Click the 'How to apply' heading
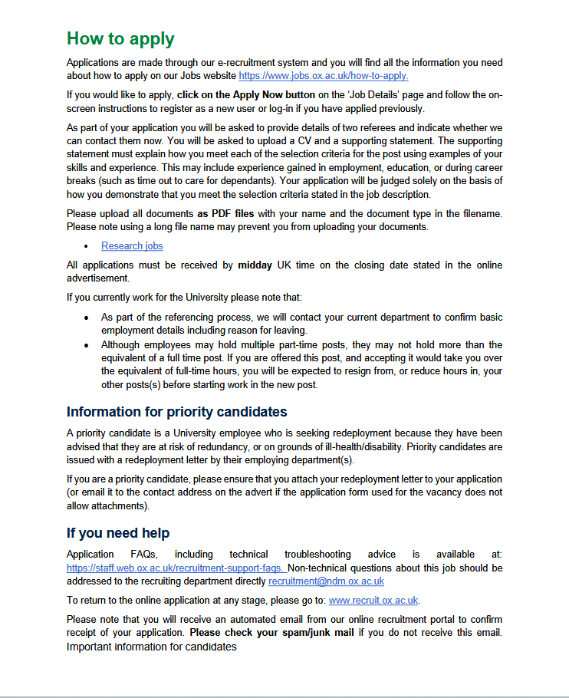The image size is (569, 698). click(120, 38)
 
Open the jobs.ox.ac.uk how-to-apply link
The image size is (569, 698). click(323, 76)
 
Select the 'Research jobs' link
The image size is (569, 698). click(132, 245)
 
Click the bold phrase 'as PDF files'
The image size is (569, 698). click(228, 213)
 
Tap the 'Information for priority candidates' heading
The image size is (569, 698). click(176, 412)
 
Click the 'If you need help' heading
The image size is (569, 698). click(118, 533)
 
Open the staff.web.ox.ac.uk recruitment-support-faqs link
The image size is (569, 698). click(176, 568)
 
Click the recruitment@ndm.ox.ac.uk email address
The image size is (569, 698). click(326, 581)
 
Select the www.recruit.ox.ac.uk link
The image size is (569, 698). click(373, 601)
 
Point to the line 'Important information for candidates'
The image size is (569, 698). click(152, 647)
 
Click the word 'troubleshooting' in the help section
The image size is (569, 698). click(317, 554)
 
